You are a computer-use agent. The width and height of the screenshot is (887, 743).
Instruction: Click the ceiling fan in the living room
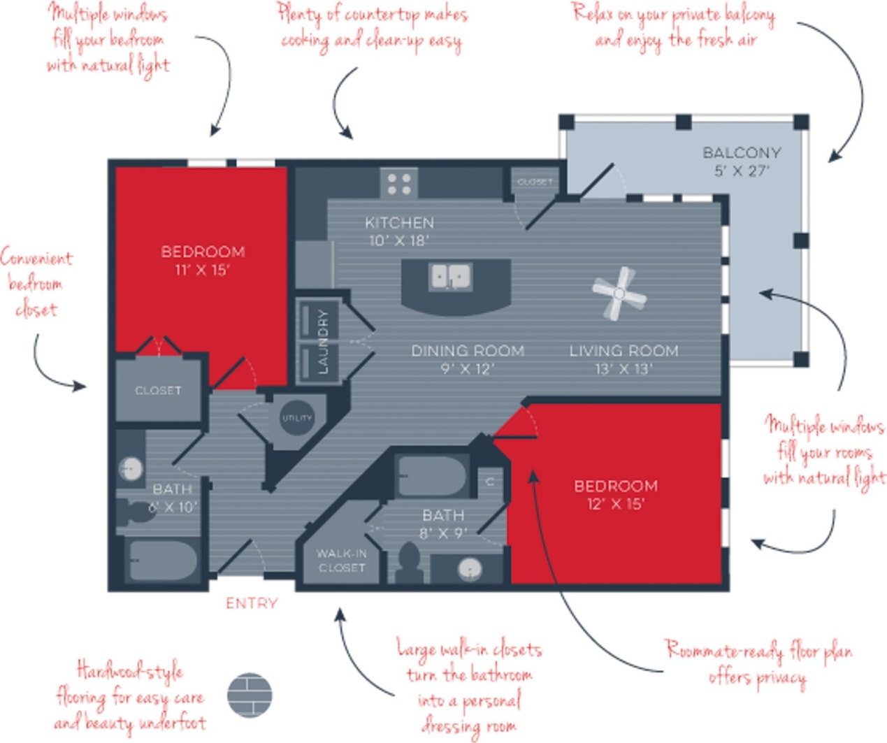619,294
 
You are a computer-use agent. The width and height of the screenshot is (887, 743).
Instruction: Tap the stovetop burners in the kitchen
399,184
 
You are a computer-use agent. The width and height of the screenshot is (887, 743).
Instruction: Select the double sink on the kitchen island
450,277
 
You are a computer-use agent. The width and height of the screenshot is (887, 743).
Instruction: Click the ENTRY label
252,603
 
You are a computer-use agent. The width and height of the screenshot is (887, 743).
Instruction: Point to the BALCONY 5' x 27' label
742,161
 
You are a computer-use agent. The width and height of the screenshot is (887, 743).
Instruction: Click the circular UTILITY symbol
296,418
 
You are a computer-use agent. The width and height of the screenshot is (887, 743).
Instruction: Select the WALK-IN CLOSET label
341,561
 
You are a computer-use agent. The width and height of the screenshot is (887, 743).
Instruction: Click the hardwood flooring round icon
250,695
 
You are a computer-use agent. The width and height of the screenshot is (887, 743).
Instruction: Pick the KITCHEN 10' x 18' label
399,231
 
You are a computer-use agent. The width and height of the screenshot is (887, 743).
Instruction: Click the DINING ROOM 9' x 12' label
467,359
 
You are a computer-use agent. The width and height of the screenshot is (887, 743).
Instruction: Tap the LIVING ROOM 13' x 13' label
623,359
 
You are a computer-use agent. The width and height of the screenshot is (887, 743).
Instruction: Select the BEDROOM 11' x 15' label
203,260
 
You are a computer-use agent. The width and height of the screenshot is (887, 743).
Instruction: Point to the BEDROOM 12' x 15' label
615,494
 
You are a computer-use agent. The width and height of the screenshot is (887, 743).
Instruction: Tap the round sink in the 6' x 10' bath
130,468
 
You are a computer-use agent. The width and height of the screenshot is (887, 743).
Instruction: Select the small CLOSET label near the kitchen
535,182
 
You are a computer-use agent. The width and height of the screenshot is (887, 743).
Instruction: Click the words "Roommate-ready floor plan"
758,651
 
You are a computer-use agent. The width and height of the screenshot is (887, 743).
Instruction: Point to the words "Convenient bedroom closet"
36,283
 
